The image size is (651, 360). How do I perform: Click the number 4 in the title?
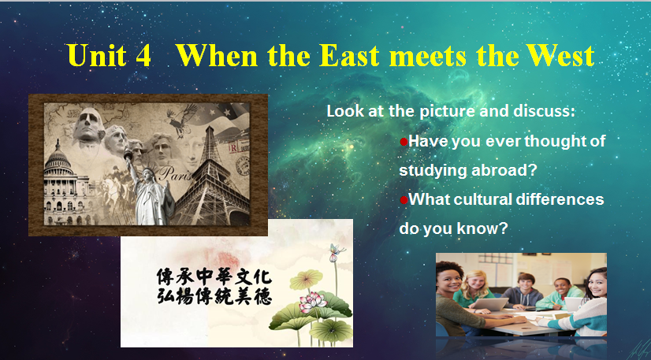tap(143, 56)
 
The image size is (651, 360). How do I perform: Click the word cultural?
tap(483, 199)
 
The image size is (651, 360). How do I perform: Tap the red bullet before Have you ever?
tap(404, 143)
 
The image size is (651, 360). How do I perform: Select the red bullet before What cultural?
tap(404, 200)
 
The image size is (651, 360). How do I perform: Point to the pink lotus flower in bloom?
tap(312, 301)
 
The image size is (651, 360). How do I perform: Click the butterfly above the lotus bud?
tap(337, 249)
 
